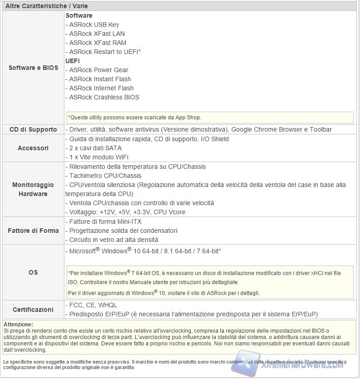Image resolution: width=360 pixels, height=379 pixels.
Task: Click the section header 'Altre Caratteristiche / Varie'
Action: coord(46,6)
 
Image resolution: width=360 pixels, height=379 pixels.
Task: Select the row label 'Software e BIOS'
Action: coord(34,68)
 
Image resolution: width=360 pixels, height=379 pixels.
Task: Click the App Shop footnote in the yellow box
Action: coord(134,117)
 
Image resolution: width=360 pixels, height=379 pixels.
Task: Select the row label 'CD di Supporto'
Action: coord(34,129)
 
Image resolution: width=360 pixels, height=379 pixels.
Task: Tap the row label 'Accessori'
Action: coord(33,148)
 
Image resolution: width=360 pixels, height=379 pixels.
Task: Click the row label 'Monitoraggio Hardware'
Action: coord(33,189)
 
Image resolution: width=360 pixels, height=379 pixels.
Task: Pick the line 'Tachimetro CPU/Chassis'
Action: coord(105,176)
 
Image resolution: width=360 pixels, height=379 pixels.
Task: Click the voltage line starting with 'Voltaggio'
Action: coord(126,212)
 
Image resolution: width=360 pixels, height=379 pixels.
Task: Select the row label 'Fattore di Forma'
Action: coord(33,231)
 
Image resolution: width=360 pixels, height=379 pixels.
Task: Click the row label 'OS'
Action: coord(33,272)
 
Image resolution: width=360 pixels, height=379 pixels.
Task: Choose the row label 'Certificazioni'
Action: coord(33,310)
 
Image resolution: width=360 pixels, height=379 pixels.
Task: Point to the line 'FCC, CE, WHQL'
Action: coord(93,305)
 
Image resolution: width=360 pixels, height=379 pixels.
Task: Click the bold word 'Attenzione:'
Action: coord(18,324)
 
